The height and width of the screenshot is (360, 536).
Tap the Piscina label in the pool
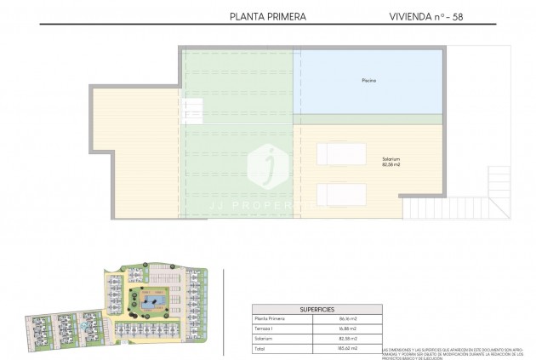point(368,81)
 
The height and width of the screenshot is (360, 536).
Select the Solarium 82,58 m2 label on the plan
point(391,162)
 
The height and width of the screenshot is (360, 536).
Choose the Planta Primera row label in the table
point(270,318)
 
